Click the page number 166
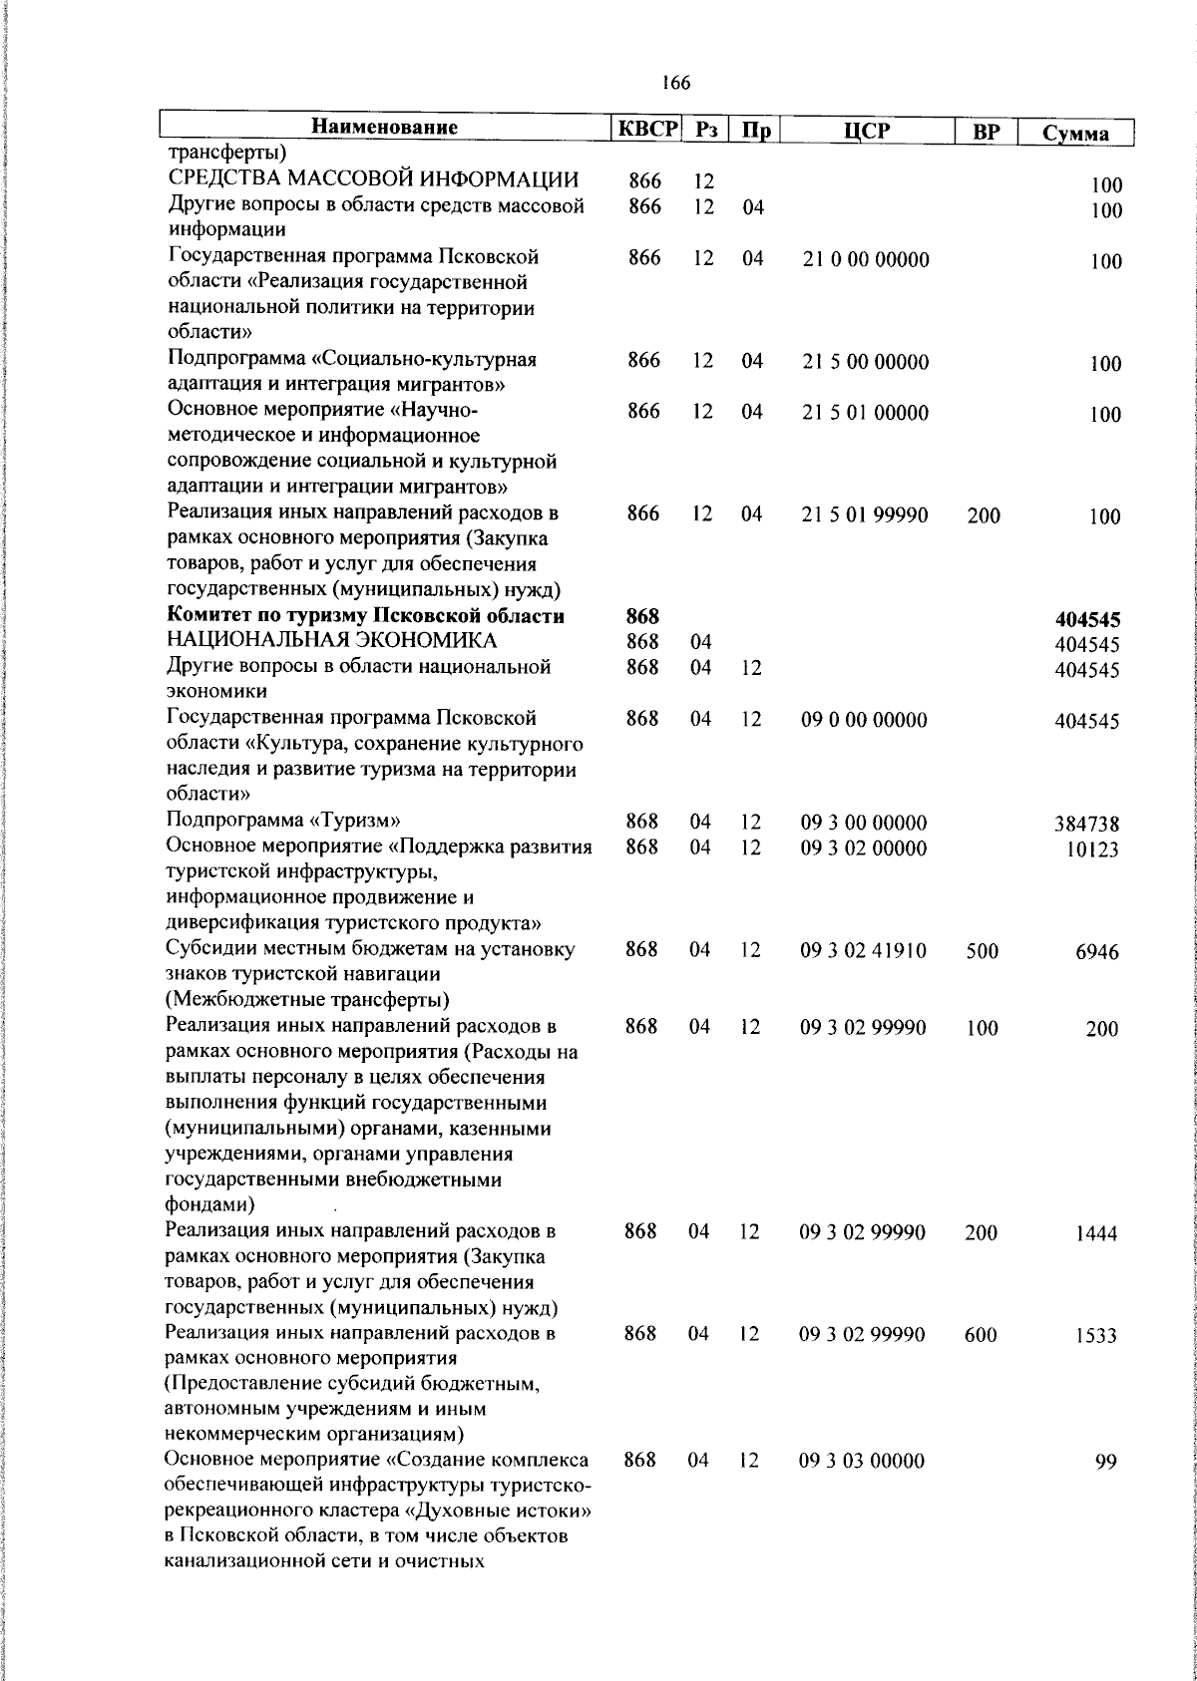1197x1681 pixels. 675,84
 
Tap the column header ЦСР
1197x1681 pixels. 865,131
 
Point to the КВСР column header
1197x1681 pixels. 645,130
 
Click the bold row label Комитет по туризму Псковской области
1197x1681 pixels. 366,616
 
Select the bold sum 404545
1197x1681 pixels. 1087,620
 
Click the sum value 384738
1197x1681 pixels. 1087,824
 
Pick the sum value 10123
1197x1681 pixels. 1091,849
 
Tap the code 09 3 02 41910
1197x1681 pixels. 863,951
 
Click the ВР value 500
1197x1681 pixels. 982,951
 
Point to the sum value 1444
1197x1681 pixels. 1096,1234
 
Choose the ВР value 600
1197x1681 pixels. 981,1335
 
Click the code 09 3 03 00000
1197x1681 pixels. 862,1462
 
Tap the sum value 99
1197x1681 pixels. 1105,1463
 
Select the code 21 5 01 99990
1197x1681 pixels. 865,515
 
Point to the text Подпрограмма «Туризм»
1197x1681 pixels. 282,822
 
